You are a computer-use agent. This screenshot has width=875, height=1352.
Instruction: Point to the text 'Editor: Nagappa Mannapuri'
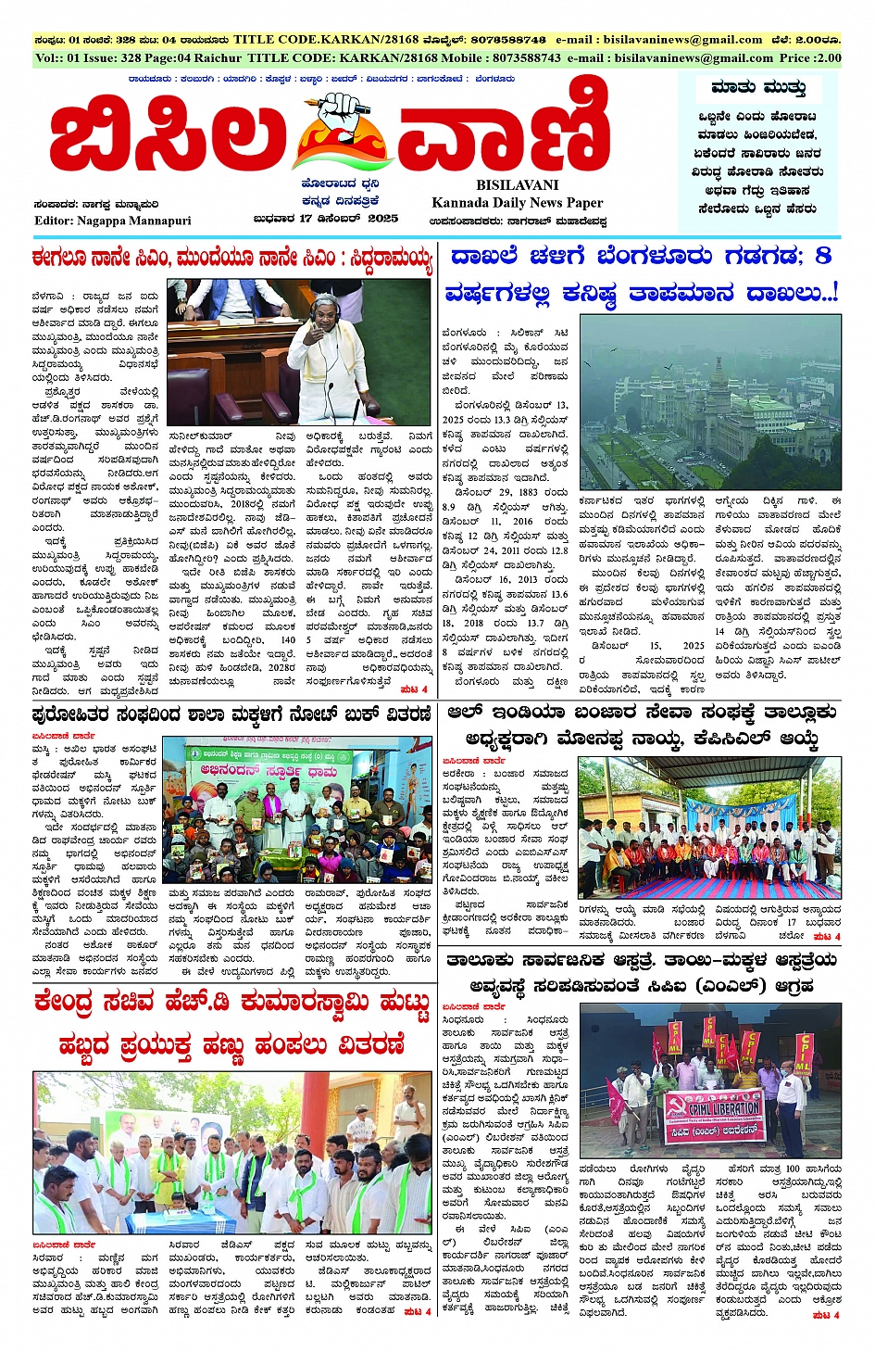pos(113,221)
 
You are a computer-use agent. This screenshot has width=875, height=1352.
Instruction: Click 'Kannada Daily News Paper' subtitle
pos(517,203)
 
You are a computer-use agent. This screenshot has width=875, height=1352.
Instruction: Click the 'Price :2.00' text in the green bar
pos(810,57)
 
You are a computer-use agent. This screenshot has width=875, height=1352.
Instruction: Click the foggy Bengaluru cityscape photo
pos(709,404)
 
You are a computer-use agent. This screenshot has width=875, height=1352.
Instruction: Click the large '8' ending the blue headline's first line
pos(823,255)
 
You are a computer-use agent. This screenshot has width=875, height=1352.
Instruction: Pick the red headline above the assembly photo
pos(231,257)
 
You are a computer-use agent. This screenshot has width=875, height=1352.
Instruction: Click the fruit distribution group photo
pos(232,1153)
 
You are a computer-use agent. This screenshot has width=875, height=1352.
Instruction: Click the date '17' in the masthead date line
pos(306,219)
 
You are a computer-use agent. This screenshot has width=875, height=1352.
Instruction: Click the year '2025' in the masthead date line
pos(381,219)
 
